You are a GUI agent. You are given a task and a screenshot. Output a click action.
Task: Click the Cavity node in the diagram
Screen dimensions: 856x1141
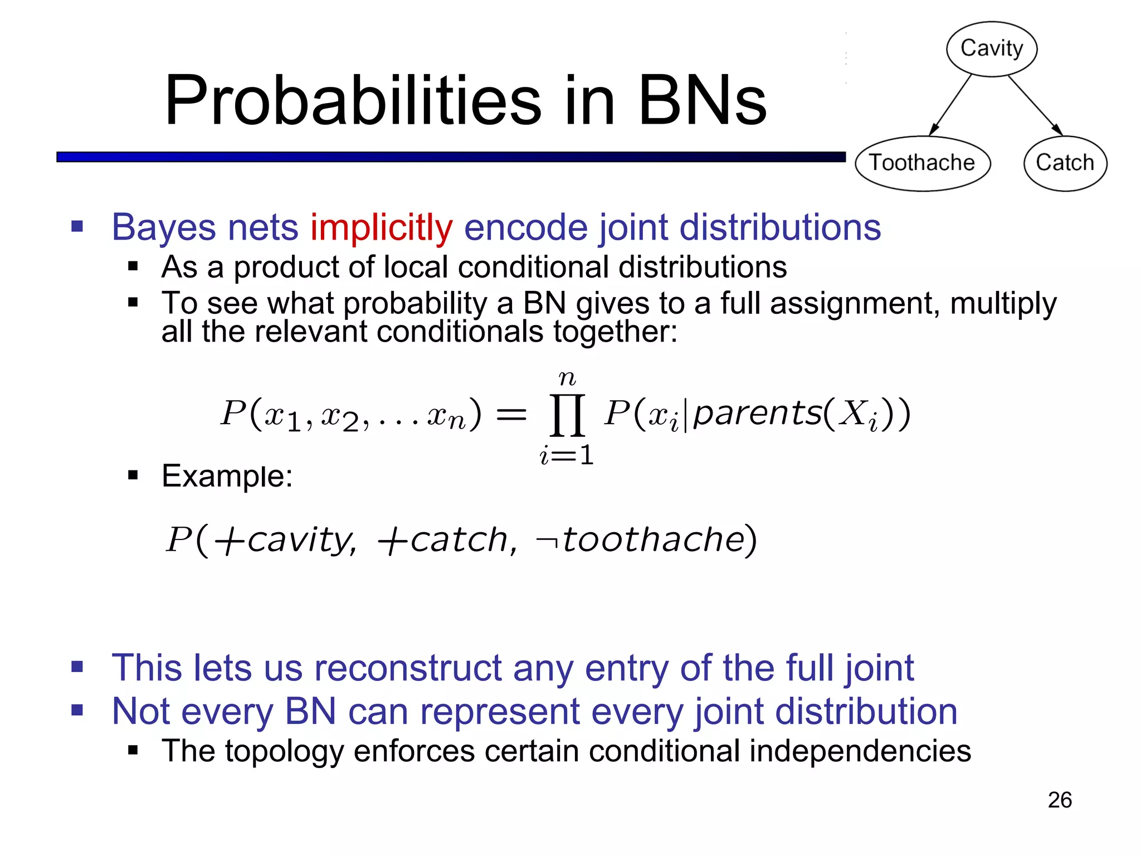(992, 48)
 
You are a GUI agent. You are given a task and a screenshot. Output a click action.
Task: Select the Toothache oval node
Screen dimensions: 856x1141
(923, 163)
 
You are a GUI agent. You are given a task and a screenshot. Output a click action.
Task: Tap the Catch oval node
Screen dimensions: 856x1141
(1065, 163)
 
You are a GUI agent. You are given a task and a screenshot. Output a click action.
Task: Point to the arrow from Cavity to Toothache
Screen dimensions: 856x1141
(950, 105)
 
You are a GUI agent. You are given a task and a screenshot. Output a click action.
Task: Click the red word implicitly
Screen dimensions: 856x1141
(381, 228)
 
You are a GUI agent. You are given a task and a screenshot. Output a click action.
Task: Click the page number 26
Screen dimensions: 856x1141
(1059, 800)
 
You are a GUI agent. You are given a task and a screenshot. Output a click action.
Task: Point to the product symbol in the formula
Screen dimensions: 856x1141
(567, 415)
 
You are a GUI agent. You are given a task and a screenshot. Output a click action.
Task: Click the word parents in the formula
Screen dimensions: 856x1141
(758, 414)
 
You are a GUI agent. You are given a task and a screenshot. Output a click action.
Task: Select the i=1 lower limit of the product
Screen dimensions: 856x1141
(567, 456)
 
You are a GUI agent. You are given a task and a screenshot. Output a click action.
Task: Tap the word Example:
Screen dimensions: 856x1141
(227, 476)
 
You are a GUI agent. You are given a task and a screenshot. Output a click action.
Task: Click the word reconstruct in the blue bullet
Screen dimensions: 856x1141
(408, 668)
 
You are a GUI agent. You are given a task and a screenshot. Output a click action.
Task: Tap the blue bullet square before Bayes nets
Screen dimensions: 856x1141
(77, 226)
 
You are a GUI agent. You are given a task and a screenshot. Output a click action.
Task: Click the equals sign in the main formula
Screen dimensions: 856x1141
(511, 414)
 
